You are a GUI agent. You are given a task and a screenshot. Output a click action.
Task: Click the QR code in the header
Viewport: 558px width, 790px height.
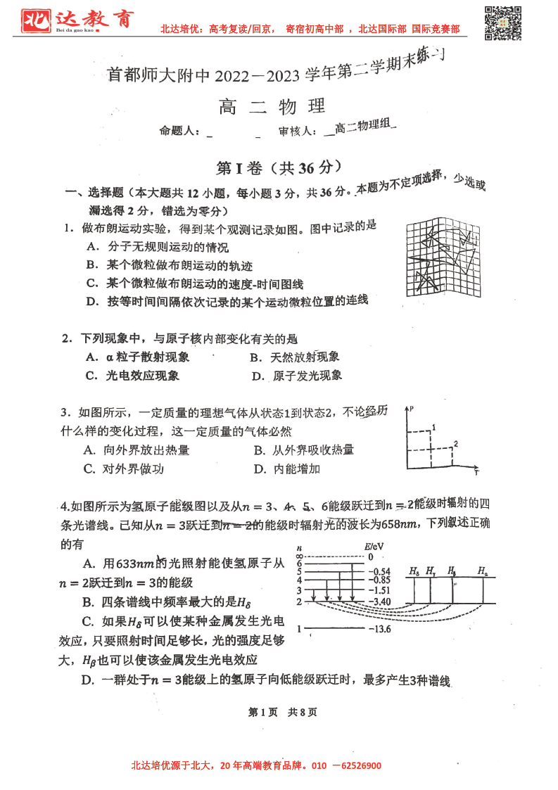504,23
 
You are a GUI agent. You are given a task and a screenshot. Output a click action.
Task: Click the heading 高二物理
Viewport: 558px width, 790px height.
272,106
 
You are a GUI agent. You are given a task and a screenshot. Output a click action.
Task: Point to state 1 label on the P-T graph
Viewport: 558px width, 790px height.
434,427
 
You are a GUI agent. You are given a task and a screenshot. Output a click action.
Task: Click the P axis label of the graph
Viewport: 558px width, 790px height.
410,409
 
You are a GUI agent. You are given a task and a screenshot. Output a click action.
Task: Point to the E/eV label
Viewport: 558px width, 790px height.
373,547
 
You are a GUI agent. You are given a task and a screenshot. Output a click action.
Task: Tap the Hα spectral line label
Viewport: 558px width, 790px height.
482,571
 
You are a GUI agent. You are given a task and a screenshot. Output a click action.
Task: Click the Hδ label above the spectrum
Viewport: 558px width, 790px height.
414,571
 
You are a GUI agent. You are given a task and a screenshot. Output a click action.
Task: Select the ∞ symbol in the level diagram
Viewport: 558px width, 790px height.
300,556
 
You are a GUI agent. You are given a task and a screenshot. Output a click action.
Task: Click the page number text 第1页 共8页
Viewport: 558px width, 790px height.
279,712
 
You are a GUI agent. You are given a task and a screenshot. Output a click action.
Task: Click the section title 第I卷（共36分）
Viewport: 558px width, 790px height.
279,168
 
